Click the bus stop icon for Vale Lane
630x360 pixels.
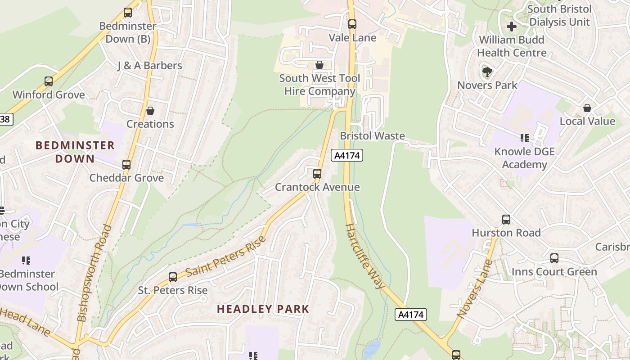click(x=352, y=24)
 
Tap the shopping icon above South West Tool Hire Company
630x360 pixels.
click(x=319, y=65)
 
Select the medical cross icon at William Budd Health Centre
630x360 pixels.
click(x=512, y=27)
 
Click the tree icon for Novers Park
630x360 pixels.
click(x=487, y=72)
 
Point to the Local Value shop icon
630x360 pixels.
click(x=587, y=108)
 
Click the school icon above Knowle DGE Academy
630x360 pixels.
click(x=524, y=138)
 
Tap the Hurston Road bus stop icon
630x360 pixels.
click(x=506, y=220)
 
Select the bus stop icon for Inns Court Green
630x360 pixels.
click(x=554, y=258)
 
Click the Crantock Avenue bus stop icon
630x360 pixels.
click(x=317, y=173)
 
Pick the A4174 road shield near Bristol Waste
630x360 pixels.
click(x=346, y=156)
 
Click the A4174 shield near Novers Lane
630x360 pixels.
click(x=410, y=314)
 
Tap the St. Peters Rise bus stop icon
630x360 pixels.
click(x=173, y=277)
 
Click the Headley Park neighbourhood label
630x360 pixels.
click(x=263, y=309)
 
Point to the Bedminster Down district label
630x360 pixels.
click(x=75, y=152)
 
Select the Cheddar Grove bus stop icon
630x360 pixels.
click(x=126, y=165)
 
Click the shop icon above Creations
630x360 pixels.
click(x=150, y=111)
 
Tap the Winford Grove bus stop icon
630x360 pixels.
click(x=49, y=81)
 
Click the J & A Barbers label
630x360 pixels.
click(x=149, y=65)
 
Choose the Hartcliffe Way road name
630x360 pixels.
click(x=365, y=256)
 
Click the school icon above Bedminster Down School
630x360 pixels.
click(x=26, y=260)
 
